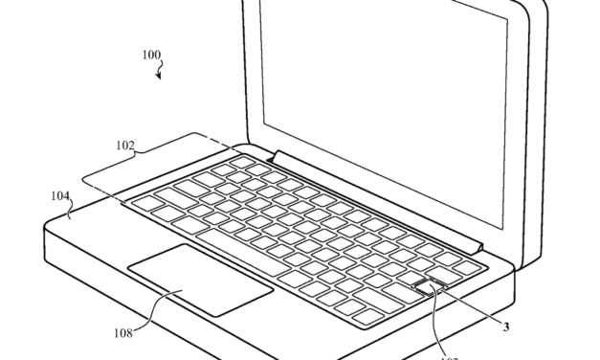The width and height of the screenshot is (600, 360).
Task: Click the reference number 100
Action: point(151,56)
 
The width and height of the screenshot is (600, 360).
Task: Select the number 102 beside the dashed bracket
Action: point(125,146)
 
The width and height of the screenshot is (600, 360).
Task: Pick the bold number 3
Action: point(507,326)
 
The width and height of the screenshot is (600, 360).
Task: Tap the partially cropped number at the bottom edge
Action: point(447,356)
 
